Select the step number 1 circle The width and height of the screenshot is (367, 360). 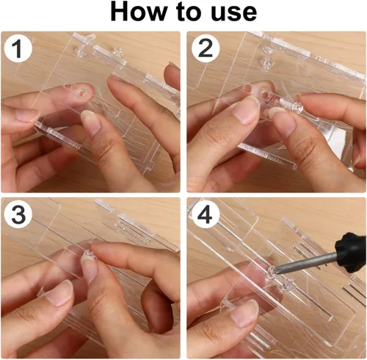pos(18,48)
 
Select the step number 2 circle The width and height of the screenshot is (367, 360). pos(206,48)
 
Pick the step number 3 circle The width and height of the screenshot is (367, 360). pos(18,214)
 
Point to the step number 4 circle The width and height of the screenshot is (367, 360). pos(205,214)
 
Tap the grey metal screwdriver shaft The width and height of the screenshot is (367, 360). pos(307,262)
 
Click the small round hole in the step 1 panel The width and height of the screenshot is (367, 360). pos(82,93)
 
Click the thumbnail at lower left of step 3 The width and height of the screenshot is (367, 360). pos(59,293)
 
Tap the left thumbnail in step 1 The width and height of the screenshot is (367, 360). pos(27,115)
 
